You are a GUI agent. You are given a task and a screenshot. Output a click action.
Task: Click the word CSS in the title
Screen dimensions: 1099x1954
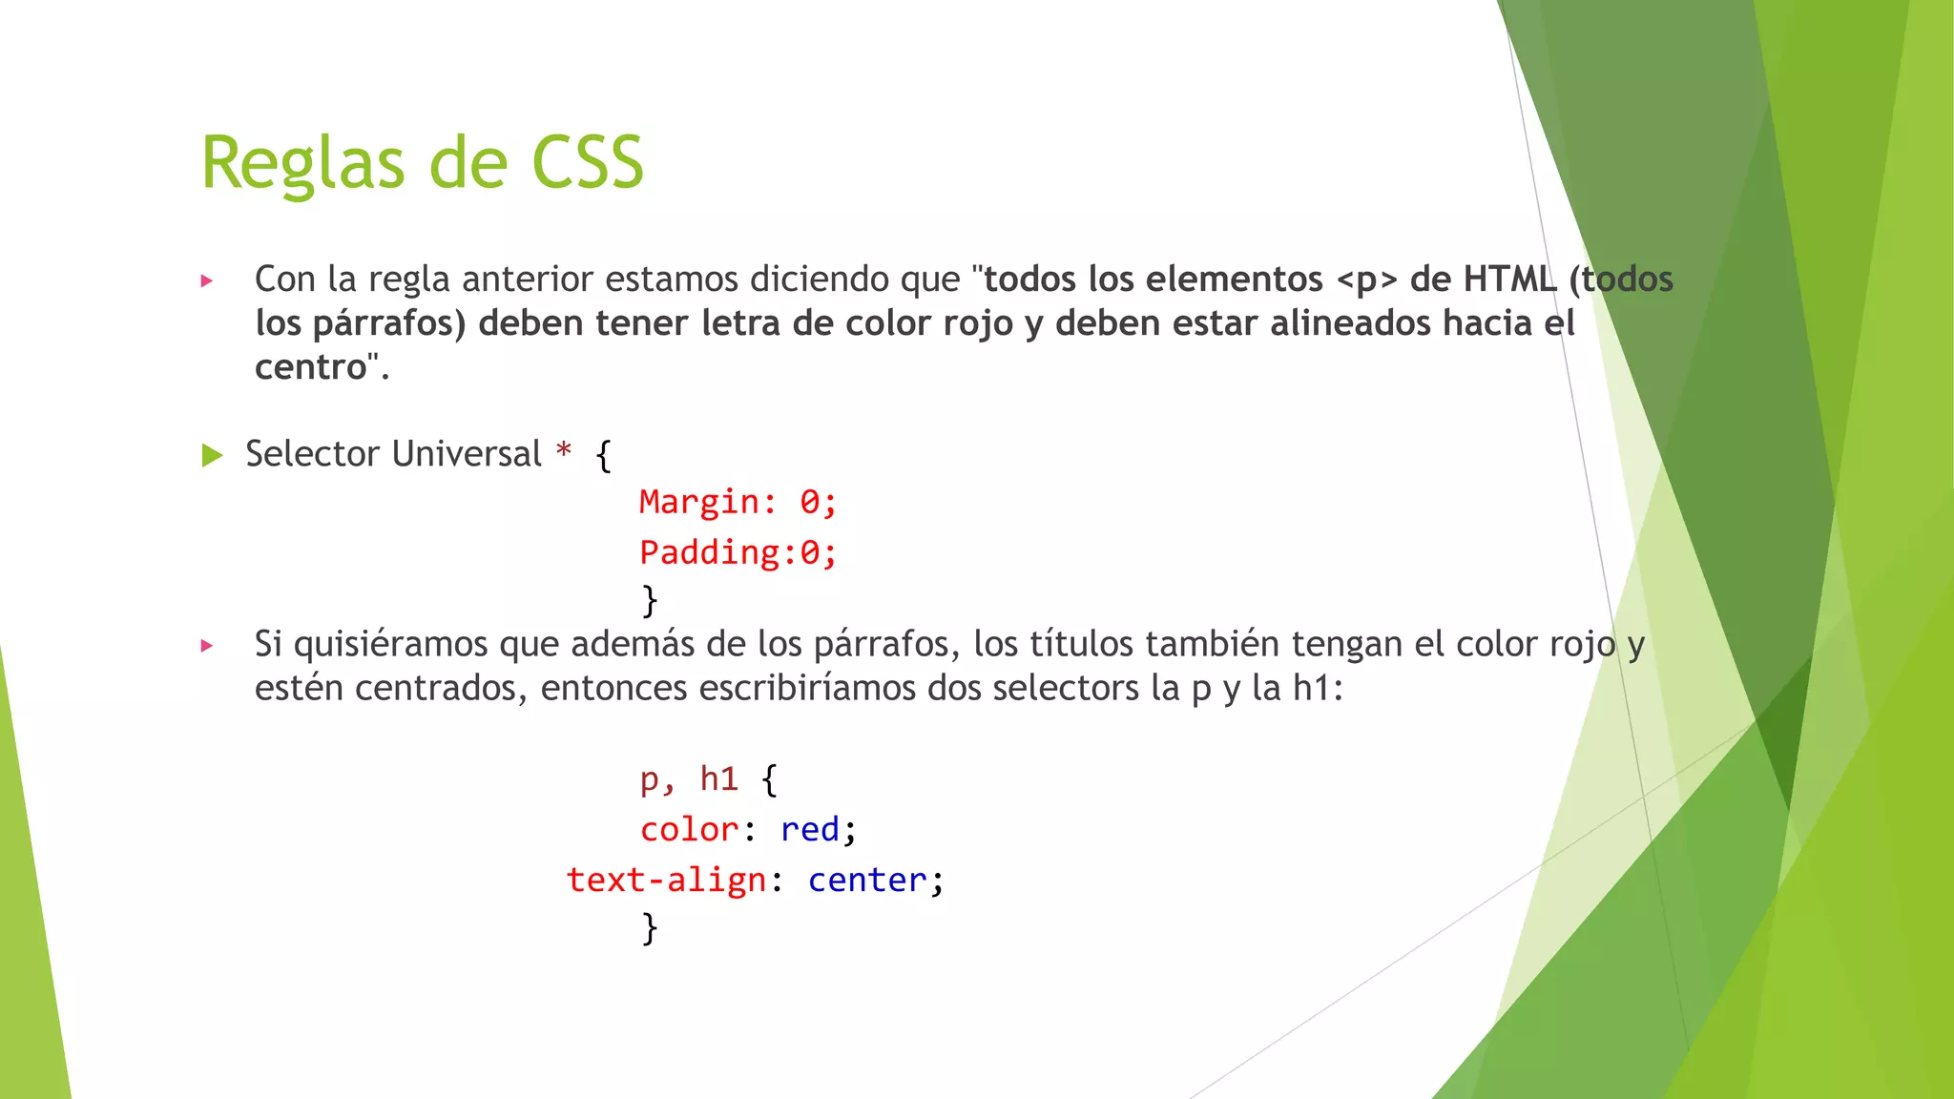[x=587, y=162]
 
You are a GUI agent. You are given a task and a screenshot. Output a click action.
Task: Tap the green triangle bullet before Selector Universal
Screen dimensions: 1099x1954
[x=212, y=456]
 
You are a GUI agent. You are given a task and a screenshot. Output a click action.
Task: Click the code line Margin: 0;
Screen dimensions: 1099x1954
[x=738, y=502]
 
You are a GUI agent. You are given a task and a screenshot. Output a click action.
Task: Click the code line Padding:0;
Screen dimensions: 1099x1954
[x=738, y=552]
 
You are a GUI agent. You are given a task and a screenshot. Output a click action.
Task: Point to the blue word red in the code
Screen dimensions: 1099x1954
[x=809, y=830]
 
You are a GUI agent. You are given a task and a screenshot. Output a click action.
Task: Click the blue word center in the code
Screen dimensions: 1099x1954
[x=866, y=880]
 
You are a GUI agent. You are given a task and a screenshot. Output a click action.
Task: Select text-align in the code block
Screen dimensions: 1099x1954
[x=666, y=880]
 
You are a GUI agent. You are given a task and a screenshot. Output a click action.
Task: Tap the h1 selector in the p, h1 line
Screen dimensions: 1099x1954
[x=718, y=779]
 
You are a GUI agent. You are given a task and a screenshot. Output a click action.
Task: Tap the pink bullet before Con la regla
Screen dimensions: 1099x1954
[x=207, y=281]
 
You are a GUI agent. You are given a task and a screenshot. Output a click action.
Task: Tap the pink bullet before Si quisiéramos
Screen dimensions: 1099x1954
[x=207, y=646]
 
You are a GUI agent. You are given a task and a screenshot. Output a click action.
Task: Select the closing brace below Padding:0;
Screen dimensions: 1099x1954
[x=650, y=601]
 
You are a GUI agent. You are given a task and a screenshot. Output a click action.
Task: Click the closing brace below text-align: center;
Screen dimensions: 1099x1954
[x=650, y=927]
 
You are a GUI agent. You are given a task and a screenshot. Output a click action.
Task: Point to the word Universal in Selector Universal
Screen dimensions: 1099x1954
[x=467, y=454]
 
